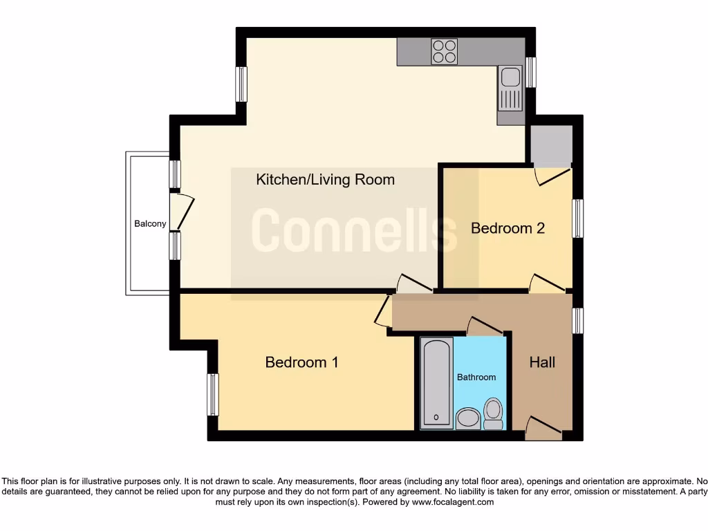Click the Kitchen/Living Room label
coord(325,180)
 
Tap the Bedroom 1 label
coord(301,362)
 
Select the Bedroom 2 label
coord(507,228)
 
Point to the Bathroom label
coord(476,377)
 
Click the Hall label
coord(542,362)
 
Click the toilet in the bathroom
coord(493,412)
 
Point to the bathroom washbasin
coord(468,418)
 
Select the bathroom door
coord(485,326)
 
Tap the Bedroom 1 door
coord(382,312)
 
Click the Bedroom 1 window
coord(213,395)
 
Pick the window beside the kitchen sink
coord(531,72)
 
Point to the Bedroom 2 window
coord(577,218)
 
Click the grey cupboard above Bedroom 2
coord(550,145)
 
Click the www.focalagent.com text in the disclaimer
coord(454,503)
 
